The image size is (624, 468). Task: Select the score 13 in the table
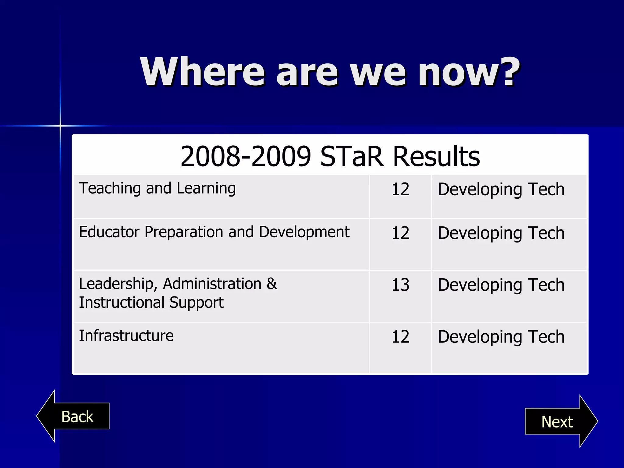[x=400, y=285]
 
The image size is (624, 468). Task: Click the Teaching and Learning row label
[x=157, y=188]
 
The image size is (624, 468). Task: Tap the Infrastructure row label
[x=126, y=336]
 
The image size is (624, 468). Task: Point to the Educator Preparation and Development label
[x=214, y=232]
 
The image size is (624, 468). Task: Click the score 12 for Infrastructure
[x=400, y=337]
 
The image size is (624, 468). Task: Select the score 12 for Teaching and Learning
[x=400, y=189]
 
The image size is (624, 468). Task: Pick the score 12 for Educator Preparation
[x=400, y=233]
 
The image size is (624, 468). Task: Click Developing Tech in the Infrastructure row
[x=501, y=337]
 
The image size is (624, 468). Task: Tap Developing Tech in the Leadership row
[x=501, y=285]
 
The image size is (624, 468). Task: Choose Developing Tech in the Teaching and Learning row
[x=501, y=190]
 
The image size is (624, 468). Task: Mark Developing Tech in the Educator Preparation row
[x=501, y=233]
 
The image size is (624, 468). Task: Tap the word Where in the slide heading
[x=202, y=72]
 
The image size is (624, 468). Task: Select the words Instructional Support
[x=151, y=303]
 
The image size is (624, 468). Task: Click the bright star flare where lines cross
[x=60, y=126]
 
